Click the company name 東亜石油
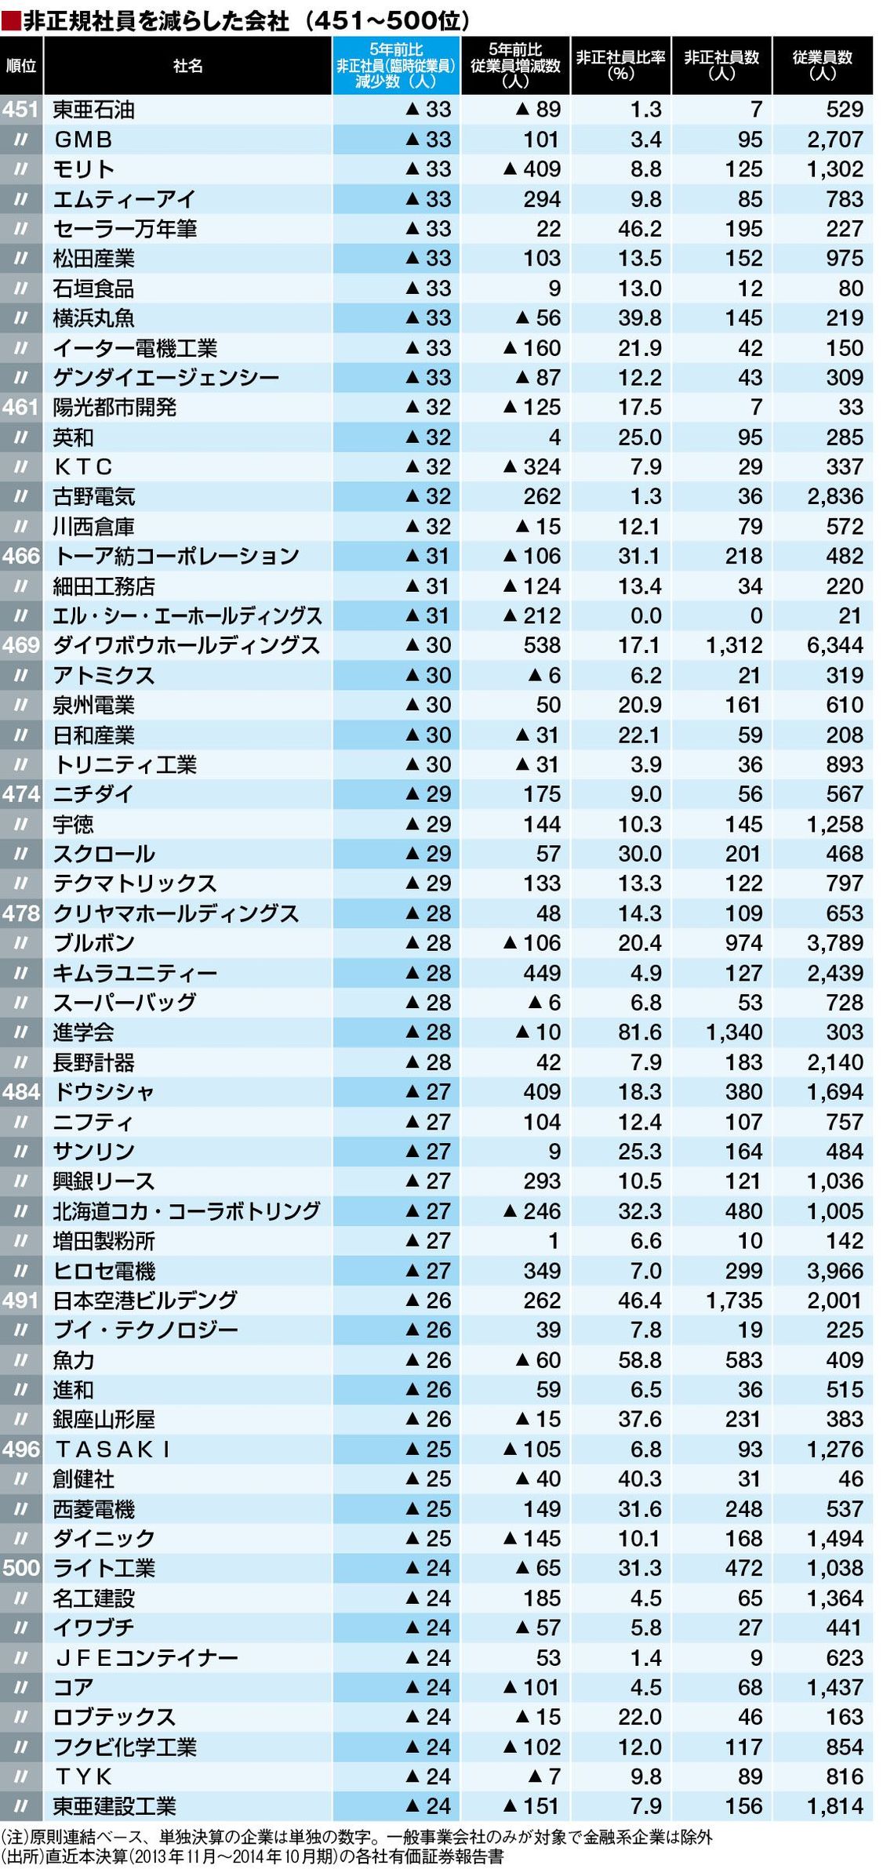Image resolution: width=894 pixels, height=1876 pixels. (x=93, y=110)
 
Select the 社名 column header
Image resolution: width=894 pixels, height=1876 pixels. (x=187, y=66)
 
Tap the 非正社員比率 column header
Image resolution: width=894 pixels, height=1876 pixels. (x=620, y=66)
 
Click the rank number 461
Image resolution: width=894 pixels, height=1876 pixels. (x=21, y=407)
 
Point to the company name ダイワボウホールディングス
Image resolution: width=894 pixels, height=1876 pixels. (x=187, y=645)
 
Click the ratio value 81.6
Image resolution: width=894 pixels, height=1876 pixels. (x=639, y=1032)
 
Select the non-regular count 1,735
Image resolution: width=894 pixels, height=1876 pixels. (x=733, y=1300)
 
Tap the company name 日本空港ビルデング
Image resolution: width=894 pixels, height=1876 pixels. (x=145, y=1300)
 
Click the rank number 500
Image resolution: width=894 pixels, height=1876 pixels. (x=21, y=1568)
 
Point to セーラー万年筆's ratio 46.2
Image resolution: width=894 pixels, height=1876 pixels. (x=639, y=229)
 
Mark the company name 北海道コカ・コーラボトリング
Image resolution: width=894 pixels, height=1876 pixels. (x=187, y=1211)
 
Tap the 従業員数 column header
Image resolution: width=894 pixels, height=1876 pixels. (x=822, y=66)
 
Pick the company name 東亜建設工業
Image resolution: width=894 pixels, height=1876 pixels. (x=114, y=1806)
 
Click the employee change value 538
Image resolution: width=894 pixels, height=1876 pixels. (x=542, y=645)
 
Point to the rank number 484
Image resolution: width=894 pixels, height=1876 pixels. (x=21, y=1091)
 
